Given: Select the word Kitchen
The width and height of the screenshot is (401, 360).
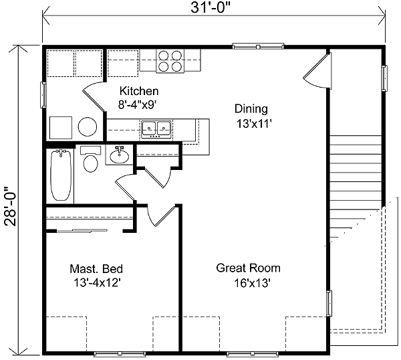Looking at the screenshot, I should [x=139, y=91].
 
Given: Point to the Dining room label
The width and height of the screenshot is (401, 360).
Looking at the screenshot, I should [x=251, y=108].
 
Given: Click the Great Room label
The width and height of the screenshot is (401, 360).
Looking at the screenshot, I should [x=248, y=268].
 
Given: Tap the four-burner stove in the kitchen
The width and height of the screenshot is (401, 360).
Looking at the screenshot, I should [x=170, y=61].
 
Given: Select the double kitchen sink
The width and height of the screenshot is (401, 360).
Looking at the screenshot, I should [x=156, y=127].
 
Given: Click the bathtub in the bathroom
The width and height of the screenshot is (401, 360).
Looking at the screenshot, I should [x=61, y=175].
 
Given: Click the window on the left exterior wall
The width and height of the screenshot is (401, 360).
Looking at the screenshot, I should [x=43, y=94].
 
